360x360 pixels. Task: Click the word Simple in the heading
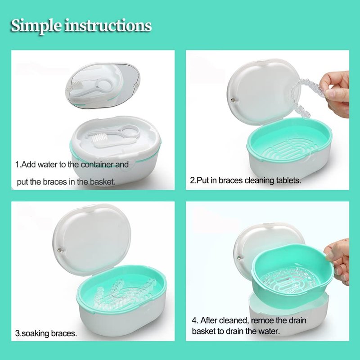pyautogui.click(x=36, y=26)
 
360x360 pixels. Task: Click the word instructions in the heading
pyautogui.click(x=108, y=25)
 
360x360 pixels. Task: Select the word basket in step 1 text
pyautogui.click(x=102, y=182)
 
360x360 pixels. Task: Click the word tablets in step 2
pyautogui.click(x=288, y=180)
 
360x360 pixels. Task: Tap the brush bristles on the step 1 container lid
pyautogui.click(x=99, y=138)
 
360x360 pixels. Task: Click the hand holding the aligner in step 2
pyautogui.click(x=335, y=94)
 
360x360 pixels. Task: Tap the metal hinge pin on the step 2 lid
pyautogui.click(x=234, y=100)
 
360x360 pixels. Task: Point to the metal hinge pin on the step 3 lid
pyautogui.click(x=60, y=250)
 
